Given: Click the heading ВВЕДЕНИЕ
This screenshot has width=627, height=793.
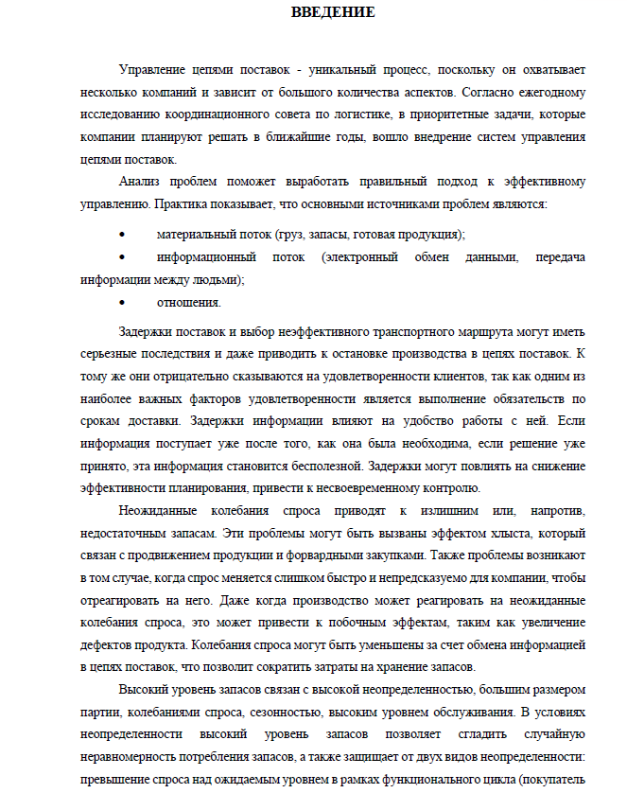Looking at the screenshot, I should pos(332,12).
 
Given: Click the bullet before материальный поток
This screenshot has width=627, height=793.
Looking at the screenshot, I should pos(124,234).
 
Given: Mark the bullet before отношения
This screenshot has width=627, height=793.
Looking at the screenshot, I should pos(124,303).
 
